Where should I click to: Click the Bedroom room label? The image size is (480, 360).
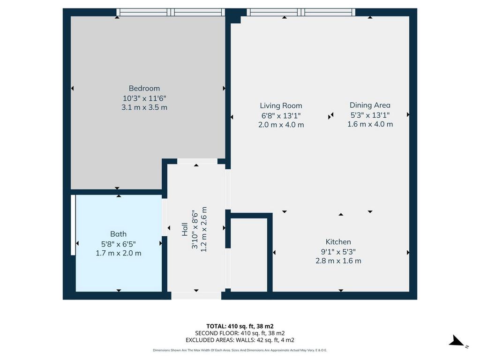pos(144,89)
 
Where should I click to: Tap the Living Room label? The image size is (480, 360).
pos(281,106)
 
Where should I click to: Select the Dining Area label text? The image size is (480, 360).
pos(370,105)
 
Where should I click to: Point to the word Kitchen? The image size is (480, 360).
pos(338,242)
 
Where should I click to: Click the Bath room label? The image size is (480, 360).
pos(119,234)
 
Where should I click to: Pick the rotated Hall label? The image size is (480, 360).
pos(185,229)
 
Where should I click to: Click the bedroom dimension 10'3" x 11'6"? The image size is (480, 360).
pos(144,98)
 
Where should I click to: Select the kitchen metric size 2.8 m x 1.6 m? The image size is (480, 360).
pos(338,261)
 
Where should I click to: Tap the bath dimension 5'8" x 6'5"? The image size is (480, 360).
pos(119,244)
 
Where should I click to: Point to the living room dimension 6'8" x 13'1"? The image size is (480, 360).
pos(281,116)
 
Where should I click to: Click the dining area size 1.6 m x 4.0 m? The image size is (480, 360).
pos(370,124)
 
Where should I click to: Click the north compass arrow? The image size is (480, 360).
pos(457,341)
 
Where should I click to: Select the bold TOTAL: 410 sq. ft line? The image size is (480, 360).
pos(240,326)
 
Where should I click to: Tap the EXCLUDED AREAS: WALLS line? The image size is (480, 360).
pos(240,340)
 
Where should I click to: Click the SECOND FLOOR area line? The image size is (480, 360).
pos(240,333)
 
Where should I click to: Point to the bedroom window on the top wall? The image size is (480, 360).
pos(171,12)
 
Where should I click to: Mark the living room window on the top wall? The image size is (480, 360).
pos(301,12)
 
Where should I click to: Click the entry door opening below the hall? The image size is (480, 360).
pos(196,295)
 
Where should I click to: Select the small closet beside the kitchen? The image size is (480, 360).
pos(249,255)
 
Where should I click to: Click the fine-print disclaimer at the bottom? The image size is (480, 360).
pos(240,350)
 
